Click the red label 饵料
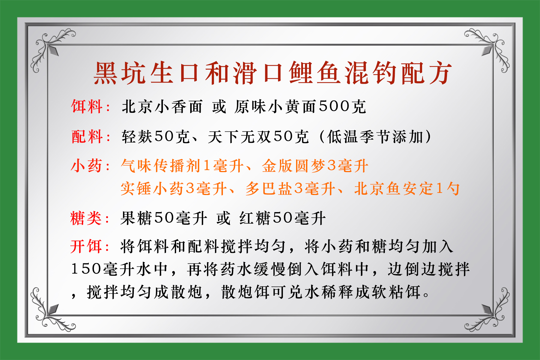click(86, 107)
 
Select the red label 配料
click(86, 137)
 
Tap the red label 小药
click(86, 166)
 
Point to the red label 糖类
click(86, 218)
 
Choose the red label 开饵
click(86, 247)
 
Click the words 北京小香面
click(162, 107)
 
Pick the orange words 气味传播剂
click(161, 166)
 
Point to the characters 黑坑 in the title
click(120, 73)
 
